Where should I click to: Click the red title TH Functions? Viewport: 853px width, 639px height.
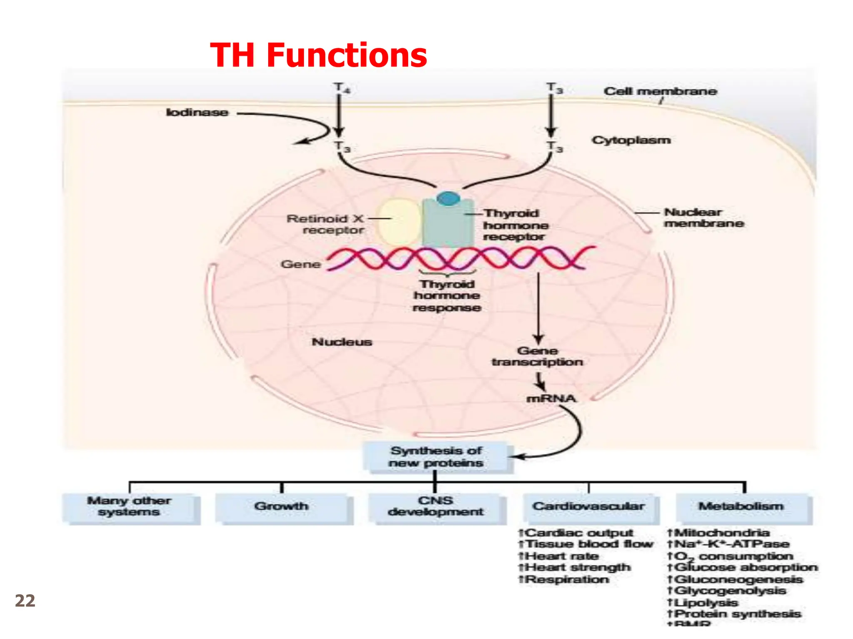pos(319,55)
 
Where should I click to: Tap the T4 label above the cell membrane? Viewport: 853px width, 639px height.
pos(341,88)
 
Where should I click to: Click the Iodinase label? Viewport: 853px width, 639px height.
pos(197,113)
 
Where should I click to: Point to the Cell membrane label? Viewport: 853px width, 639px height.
pos(660,92)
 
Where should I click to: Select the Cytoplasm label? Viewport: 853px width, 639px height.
pos(631,140)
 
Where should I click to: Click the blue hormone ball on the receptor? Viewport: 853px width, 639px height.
pos(448,198)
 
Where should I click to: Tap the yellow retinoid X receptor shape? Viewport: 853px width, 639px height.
pos(399,222)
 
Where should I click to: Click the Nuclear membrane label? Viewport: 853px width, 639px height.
pos(703,218)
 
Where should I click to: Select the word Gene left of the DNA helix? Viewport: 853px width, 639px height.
pos(301,265)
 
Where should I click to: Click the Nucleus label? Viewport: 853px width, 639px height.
pos(342,342)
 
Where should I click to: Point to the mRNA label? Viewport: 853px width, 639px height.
pos(551,399)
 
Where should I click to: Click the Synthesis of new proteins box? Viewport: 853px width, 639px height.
pos(436,457)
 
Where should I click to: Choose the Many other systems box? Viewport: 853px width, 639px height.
pos(129,507)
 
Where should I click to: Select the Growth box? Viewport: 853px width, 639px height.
pos(282,507)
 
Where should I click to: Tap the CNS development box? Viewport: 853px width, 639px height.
pos(436,507)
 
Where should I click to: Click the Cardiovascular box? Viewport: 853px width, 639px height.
pos(589,507)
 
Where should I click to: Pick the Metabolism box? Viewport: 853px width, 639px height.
pos(741,507)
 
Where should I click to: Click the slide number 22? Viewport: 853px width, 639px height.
pos(25,601)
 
